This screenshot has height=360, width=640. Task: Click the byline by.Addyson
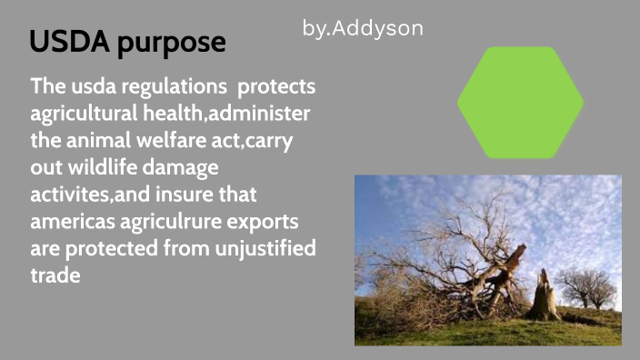363,28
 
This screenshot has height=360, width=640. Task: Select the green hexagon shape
520,102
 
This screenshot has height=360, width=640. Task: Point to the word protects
276,88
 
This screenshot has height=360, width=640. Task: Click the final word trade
55,275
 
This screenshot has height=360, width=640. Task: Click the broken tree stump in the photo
544,295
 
